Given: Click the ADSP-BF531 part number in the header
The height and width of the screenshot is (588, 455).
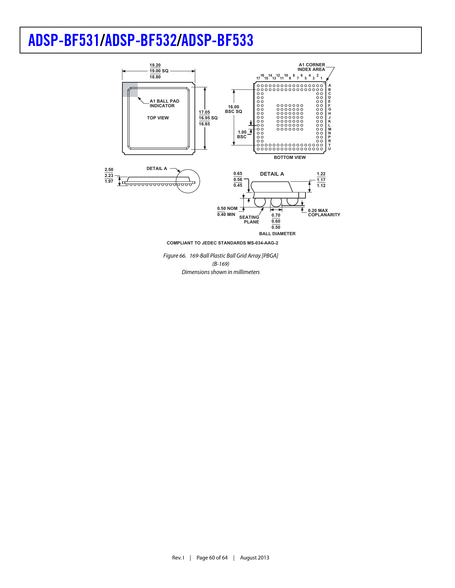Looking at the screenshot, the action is pyautogui.click(x=64, y=40).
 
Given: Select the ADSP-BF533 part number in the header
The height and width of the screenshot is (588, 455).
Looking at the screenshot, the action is pyautogui.click(x=217, y=40).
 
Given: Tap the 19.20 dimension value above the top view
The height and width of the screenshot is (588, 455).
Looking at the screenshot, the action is pyautogui.click(x=155, y=65).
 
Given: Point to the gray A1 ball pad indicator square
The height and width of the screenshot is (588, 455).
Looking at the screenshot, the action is pyautogui.click(x=130, y=89).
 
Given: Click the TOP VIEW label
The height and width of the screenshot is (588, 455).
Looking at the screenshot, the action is pyautogui.click(x=158, y=118).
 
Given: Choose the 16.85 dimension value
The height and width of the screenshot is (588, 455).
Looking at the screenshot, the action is pyautogui.click(x=204, y=124).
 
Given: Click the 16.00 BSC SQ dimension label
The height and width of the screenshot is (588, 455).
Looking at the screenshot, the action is pyautogui.click(x=234, y=109).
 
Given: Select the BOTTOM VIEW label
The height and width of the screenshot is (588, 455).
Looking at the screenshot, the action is pyautogui.click(x=290, y=158).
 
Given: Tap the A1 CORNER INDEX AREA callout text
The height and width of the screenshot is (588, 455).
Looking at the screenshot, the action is pyautogui.click(x=312, y=67).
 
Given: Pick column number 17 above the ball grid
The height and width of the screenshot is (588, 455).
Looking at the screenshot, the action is pyautogui.click(x=258, y=78).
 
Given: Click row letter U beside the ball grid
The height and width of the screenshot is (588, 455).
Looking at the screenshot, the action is pyautogui.click(x=329, y=149).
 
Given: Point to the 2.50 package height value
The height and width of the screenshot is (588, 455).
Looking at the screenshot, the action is pyautogui.click(x=109, y=170).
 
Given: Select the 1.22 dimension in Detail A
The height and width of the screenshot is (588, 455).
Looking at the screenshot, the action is pyautogui.click(x=321, y=174).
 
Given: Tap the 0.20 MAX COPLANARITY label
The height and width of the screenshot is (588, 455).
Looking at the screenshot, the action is pyautogui.click(x=324, y=213).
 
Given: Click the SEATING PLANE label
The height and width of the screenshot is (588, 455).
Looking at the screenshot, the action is pyautogui.click(x=249, y=220).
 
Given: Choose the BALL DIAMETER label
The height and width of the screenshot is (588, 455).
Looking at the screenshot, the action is pyautogui.click(x=277, y=234).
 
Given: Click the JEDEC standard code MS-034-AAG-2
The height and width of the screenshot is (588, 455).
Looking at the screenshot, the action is pyautogui.click(x=263, y=243).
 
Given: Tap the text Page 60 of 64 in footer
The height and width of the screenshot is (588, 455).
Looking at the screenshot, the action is pyautogui.click(x=212, y=558).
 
